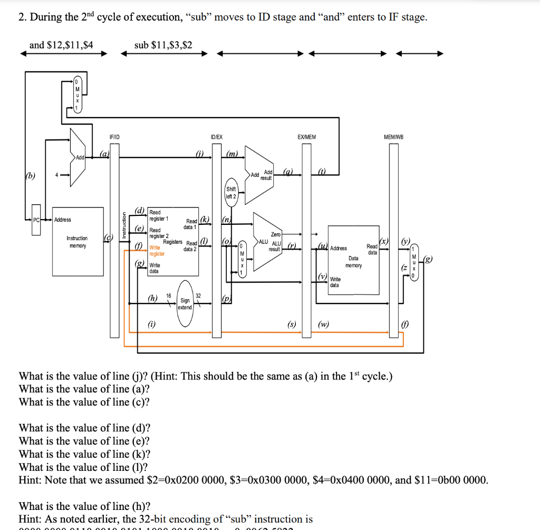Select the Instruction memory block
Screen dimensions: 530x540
(78, 241)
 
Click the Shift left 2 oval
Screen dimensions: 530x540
(231, 193)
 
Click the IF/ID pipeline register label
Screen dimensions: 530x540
(114, 137)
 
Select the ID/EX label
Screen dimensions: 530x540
(216, 137)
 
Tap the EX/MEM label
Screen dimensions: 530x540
(306, 137)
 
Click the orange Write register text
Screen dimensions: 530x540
(157, 250)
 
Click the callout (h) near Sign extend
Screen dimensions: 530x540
(152, 298)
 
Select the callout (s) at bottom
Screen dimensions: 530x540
(291, 324)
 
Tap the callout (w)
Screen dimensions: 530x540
(324, 324)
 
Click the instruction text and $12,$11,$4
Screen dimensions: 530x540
(61, 45)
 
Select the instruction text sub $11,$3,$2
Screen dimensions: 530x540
(163, 45)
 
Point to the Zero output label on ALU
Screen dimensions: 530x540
(275, 234)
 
